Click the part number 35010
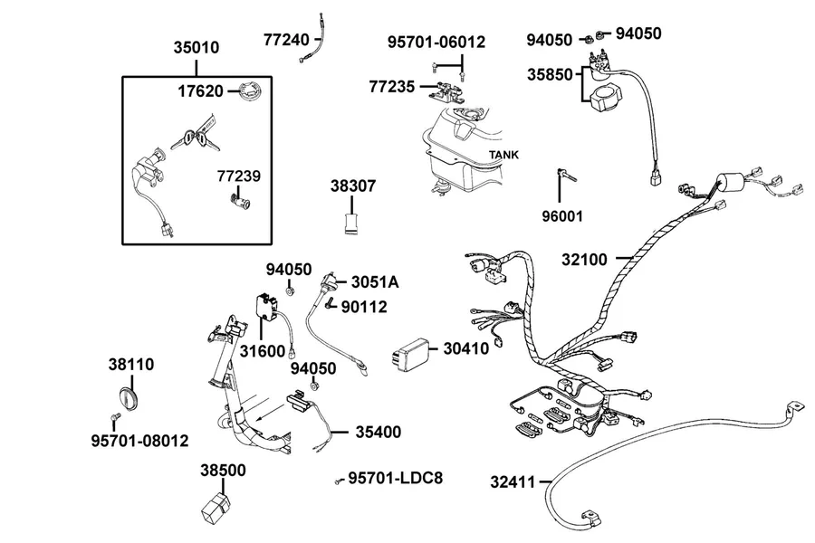(x=197, y=47)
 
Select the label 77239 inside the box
(x=238, y=176)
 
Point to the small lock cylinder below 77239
(x=240, y=201)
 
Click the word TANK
(x=503, y=155)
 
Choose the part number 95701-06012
(x=436, y=42)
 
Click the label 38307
(x=353, y=186)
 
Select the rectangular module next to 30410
(x=411, y=352)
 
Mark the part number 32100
(x=584, y=260)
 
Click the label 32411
(x=513, y=482)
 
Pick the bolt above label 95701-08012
(x=115, y=417)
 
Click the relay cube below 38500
(x=216, y=509)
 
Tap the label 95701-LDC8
(x=396, y=478)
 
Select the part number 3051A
(x=375, y=282)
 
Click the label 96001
(x=562, y=216)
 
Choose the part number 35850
(x=550, y=74)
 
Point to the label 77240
(x=286, y=40)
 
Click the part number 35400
(x=379, y=432)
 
